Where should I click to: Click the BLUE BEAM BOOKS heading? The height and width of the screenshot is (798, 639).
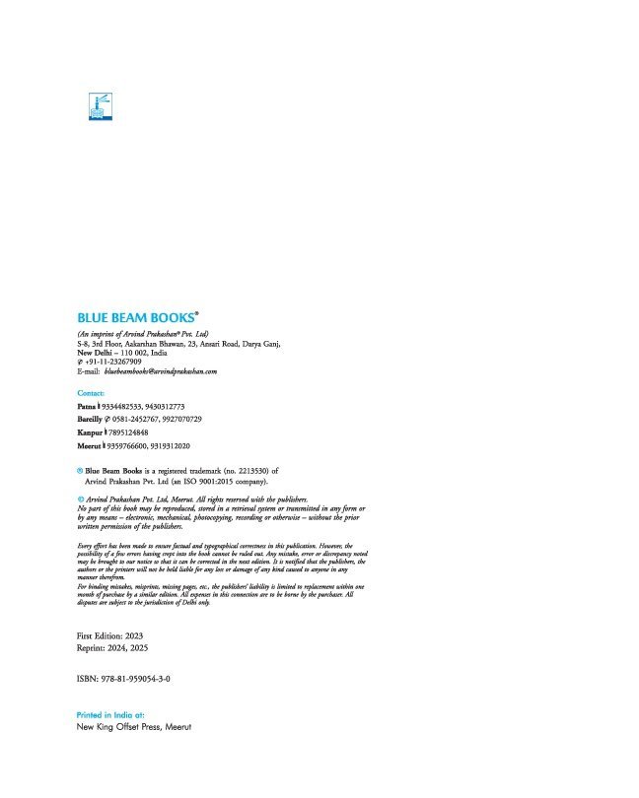[137, 318]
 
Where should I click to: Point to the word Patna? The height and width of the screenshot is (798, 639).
[88, 406]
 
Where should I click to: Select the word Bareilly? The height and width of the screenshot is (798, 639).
[93, 419]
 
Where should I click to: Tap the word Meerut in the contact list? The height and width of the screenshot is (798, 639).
[91, 445]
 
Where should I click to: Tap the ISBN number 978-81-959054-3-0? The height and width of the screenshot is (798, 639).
[122, 680]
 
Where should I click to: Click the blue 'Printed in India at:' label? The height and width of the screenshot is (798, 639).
[110, 714]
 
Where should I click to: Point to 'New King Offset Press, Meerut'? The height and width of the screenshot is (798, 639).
[133, 727]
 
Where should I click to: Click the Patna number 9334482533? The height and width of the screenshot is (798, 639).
[126, 406]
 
